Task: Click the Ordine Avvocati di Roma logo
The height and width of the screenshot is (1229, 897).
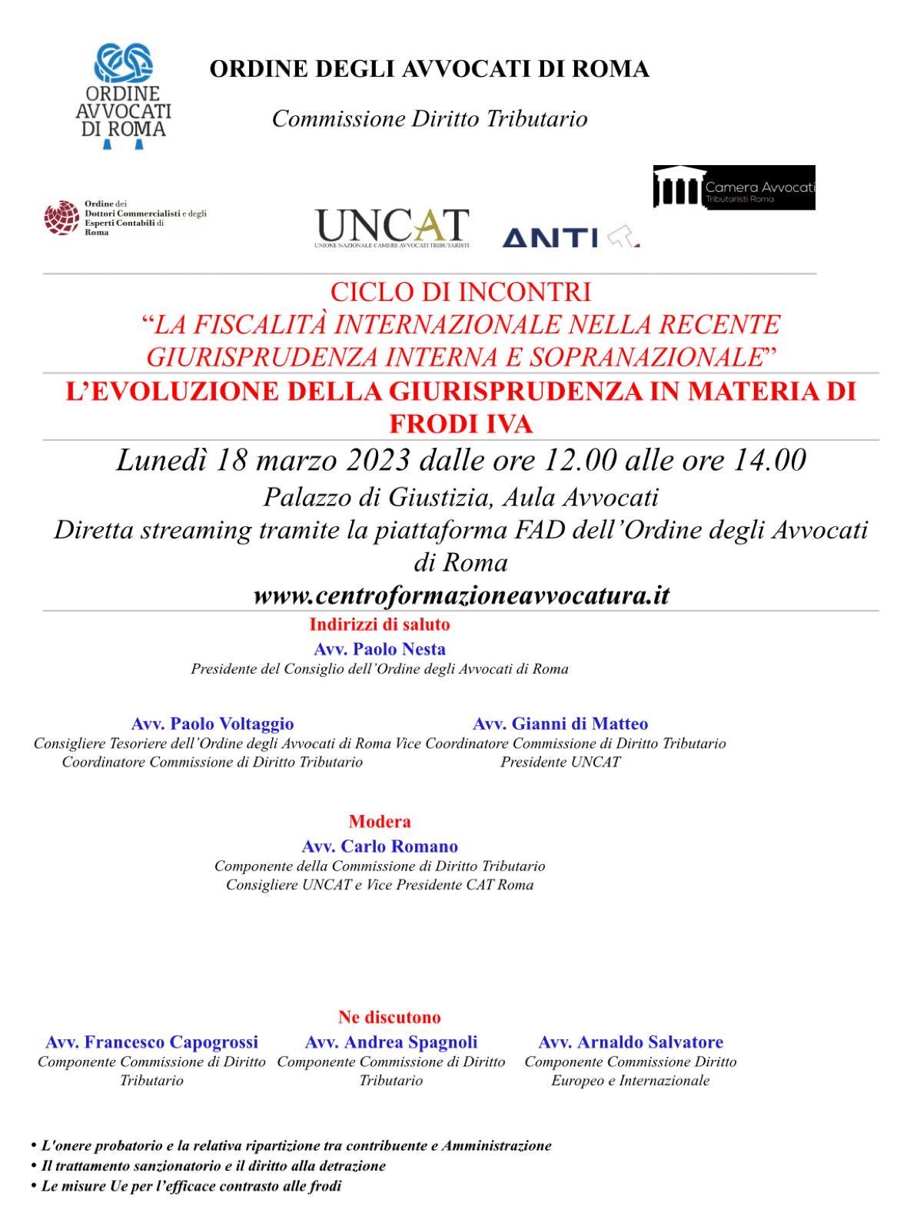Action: [123, 97]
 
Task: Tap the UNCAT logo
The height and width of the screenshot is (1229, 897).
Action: [391, 227]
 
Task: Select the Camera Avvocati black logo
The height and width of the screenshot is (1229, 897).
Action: [734, 187]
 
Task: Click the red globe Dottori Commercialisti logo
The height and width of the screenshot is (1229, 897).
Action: [61, 217]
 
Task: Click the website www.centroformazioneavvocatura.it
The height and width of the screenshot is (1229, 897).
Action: [461, 596]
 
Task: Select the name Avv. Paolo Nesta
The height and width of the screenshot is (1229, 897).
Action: [380, 649]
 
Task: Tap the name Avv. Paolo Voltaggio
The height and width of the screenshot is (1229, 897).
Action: [212, 724]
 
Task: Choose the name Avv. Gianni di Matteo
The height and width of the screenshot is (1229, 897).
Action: [560, 724]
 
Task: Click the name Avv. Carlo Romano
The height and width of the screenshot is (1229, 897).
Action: [380, 846]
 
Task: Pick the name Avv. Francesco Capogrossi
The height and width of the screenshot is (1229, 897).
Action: [151, 1042]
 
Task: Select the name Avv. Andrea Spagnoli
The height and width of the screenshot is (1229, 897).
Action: [390, 1042]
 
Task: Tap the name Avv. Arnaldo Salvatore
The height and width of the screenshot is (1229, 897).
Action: [630, 1042]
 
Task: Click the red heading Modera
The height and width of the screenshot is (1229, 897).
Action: [380, 822]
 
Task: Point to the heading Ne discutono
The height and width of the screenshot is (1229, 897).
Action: [389, 1018]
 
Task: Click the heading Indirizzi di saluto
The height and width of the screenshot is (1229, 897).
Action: [380, 624]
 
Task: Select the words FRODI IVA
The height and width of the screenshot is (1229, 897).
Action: [461, 425]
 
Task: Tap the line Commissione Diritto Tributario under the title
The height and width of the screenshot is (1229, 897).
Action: [430, 119]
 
